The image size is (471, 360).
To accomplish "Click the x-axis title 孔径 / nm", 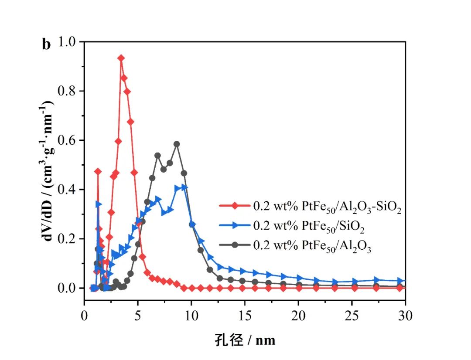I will pos(245,340).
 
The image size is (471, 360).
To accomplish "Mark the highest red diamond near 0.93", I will pos(121,58).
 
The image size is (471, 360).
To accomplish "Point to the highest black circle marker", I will pos(177,144).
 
